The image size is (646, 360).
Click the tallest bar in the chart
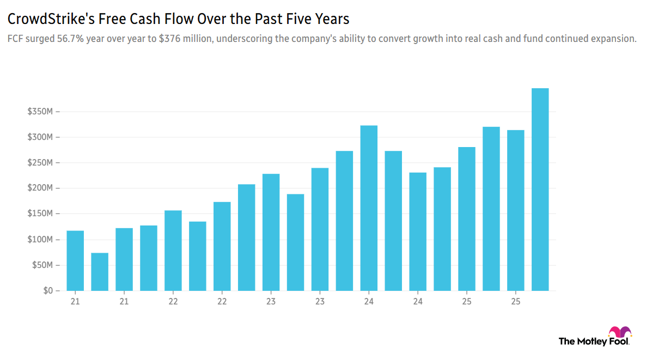(540, 189)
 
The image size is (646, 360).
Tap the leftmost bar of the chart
(75, 260)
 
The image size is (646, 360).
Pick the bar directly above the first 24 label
(369, 208)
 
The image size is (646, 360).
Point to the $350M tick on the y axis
(41, 112)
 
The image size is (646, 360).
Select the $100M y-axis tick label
(41, 240)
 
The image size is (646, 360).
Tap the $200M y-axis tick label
(41, 188)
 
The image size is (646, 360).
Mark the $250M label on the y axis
(41, 163)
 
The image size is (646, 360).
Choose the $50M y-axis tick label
(43, 265)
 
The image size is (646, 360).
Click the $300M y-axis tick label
(41, 137)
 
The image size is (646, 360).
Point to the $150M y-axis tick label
(41, 214)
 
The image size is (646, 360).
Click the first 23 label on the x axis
(271, 301)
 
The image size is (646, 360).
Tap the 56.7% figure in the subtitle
(70, 40)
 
